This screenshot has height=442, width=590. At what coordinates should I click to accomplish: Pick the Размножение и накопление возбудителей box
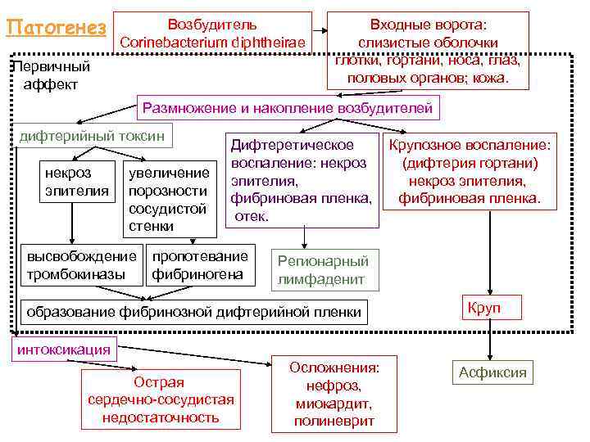(287, 108)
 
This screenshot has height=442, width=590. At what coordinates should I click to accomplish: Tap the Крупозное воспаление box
(470, 172)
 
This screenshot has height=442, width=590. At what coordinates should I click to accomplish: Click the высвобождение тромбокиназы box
(81, 264)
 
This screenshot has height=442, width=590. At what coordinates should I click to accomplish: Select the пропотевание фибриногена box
(199, 264)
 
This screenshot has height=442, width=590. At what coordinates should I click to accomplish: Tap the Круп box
(483, 309)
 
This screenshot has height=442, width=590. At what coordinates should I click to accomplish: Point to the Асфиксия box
(492, 373)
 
